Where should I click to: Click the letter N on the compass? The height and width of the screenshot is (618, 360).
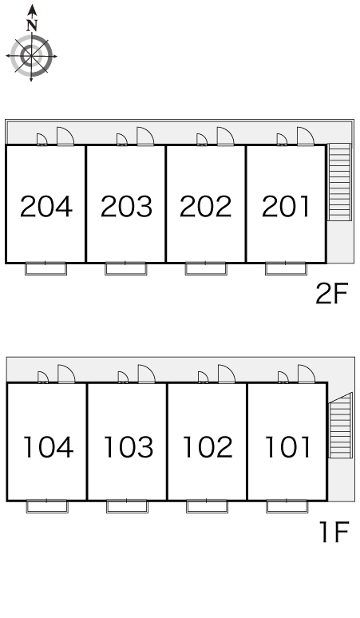32,26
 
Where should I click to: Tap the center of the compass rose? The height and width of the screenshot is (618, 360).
31,56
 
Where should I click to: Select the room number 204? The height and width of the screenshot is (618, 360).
46,207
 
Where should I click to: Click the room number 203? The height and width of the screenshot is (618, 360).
126,207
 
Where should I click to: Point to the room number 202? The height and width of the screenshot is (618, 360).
206,207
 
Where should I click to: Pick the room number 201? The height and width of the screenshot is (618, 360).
286,207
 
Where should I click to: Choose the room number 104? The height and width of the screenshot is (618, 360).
49,447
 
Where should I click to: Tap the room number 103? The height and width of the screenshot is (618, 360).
128,447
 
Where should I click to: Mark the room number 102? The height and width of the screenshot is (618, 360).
208,447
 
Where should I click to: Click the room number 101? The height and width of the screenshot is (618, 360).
288,447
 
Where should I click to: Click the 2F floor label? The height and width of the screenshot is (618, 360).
332,293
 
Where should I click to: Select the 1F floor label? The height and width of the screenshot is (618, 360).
334,532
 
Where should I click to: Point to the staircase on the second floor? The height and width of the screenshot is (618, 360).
339,182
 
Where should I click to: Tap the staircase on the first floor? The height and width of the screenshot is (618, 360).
340,426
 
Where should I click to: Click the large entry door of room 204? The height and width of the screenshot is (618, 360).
65,137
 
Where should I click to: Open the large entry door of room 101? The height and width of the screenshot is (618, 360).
307,374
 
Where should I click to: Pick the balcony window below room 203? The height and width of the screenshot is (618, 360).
125,268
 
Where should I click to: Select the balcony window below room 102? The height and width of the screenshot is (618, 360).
207,506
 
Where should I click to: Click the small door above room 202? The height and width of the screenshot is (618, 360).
202,140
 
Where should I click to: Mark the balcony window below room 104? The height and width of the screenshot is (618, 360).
47,506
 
